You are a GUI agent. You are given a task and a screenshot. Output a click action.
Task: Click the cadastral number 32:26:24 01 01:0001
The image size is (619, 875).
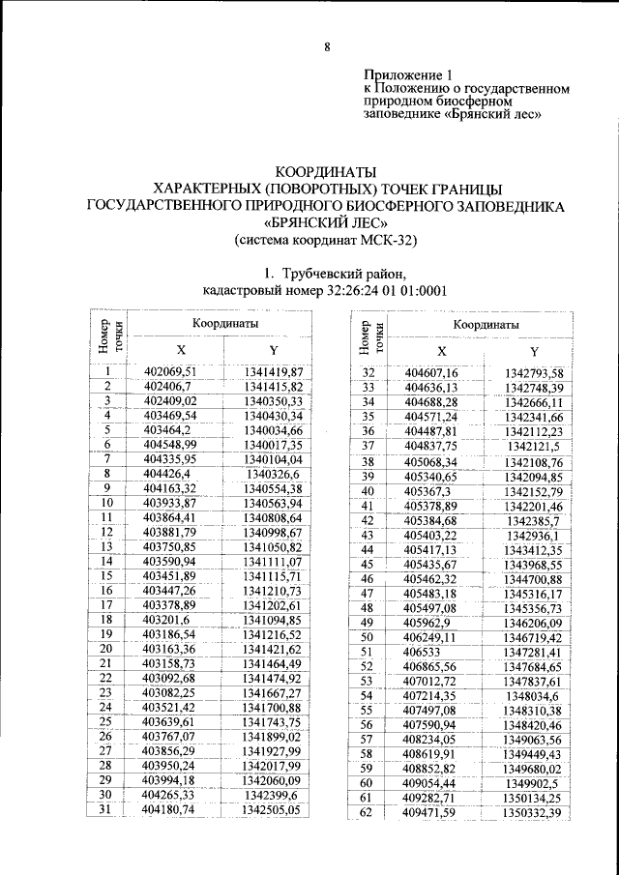384,291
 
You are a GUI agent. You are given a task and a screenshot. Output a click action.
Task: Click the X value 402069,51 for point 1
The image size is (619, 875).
169,371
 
